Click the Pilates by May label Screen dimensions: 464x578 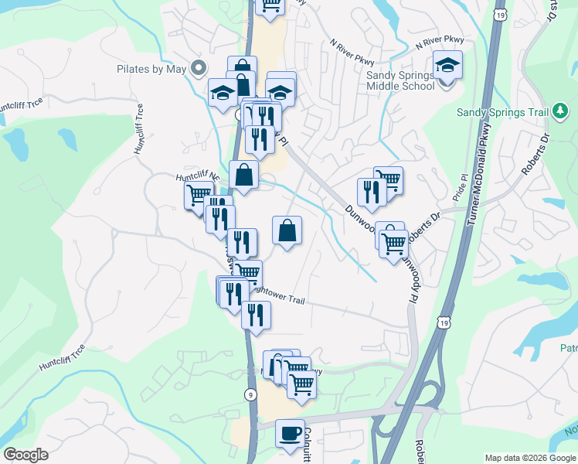(x=151, y=69)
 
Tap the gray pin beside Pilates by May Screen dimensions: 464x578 (x=199, y=68)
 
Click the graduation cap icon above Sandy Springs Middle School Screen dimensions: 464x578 (x=447, y=65)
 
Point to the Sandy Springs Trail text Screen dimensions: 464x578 (x=501, y=112)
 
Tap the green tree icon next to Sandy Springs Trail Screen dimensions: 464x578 (x=561, y=112)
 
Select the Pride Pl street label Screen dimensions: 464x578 (x=463, y=188)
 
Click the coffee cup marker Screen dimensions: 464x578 (x=290, y=433)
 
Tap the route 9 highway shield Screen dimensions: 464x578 (x=250, y=394)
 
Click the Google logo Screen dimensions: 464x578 (x=25, y=455)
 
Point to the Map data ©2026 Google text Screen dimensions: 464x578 (x=529, y=458)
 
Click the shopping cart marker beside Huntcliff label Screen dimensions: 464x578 (x=199, y=195)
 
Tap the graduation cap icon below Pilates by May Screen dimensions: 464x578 (x=223, y=93)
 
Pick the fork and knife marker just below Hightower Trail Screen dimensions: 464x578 (x=256, y=316)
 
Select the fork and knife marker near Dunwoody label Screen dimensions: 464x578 (x=371, y=193)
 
